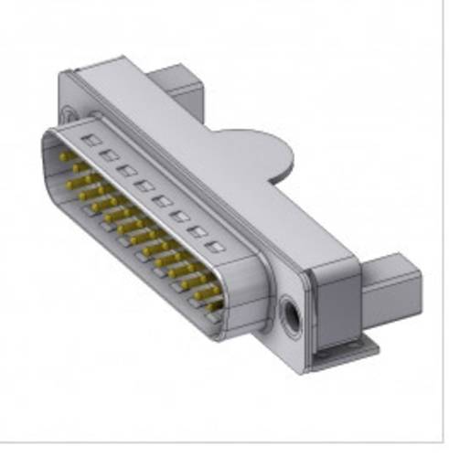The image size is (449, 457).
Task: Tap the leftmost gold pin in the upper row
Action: (64, 160)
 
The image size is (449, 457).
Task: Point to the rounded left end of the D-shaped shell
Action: (48, 155)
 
